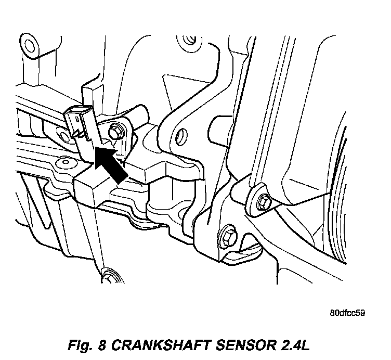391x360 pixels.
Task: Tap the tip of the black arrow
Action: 98,149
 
